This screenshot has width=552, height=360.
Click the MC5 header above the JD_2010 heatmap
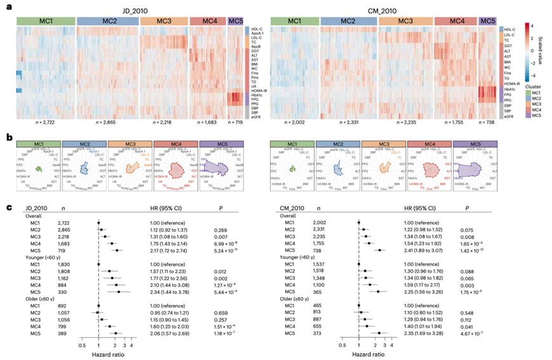235,22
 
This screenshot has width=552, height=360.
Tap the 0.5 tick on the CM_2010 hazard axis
344,347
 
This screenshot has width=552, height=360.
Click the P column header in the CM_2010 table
466,207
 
